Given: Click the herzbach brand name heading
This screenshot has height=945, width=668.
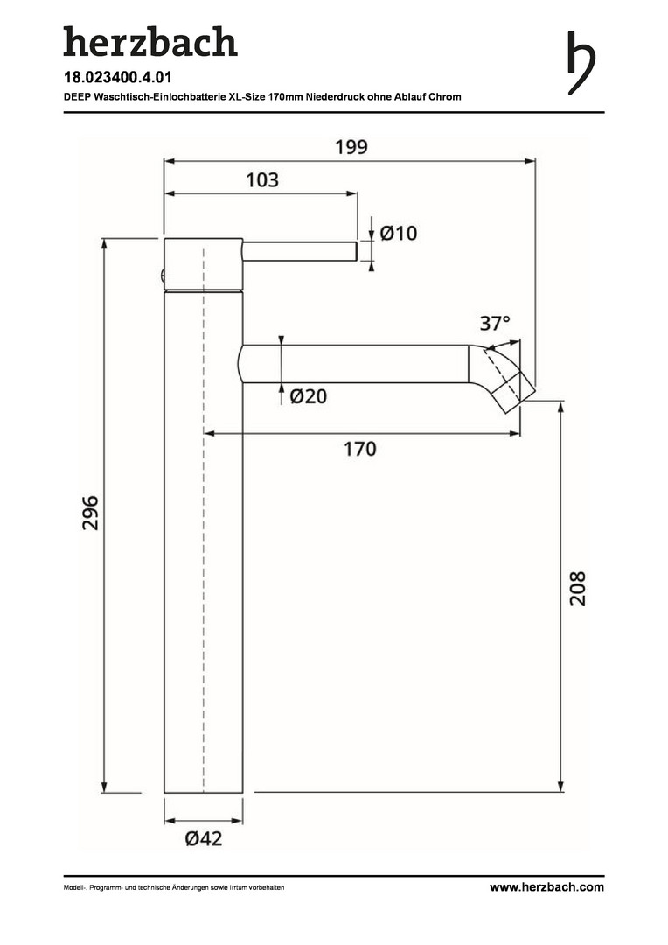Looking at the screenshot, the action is [x=150, y=42].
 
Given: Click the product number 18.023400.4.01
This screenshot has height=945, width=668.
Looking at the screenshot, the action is [x=117, y=77].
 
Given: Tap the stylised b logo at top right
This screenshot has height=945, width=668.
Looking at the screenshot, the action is [x=581, y=63].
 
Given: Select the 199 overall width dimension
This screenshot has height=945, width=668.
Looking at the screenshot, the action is [x=351, y=147].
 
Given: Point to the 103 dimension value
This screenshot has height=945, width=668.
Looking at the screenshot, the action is [x=262, y=179].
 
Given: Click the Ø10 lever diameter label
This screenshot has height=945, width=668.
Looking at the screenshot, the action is [x=398, y=233].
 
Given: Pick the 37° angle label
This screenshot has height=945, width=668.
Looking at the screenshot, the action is [x=495, y=324].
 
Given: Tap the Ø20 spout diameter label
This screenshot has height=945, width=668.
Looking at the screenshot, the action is [x=308, y=396].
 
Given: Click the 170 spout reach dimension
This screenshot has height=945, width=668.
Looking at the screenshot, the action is [x=359, y=449].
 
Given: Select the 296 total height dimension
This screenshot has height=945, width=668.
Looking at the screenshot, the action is [x=90, y=513].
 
